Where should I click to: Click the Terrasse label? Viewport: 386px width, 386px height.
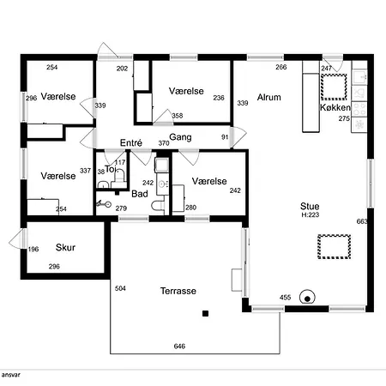178,291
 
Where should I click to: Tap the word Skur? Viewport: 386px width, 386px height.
65,247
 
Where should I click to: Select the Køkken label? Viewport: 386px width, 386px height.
335,107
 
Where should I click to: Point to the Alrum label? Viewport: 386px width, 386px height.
268,97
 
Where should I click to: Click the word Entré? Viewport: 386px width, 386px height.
131,142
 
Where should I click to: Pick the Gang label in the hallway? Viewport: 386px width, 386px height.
180,137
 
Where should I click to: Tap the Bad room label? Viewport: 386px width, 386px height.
140,194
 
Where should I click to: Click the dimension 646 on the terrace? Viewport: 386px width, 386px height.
179,347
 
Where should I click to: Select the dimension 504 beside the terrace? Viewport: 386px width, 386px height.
120,288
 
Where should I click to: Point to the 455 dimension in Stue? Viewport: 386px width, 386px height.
285,298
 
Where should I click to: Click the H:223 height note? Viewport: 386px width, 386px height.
311,214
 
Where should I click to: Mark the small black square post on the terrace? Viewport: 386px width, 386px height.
205,314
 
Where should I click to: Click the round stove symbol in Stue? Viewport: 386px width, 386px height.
307,298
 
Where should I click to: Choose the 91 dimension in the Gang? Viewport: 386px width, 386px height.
225,137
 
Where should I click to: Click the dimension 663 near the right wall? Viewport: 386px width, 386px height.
362,221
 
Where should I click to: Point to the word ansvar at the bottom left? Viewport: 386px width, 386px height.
10,375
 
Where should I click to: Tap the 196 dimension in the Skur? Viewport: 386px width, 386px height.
33,250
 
